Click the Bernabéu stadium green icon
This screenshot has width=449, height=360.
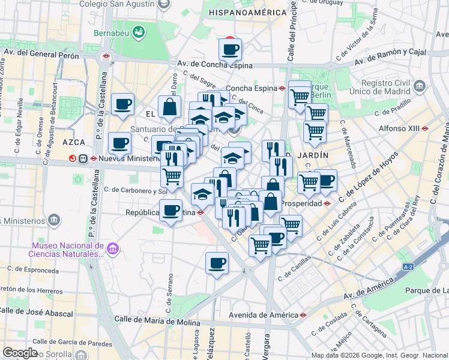[139, 30]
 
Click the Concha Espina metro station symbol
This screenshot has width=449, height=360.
[282, 88]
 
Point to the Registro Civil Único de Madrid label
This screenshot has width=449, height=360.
[394, 89]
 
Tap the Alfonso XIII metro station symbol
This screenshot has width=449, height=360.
[425, 128]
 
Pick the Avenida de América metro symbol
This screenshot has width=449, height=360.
[304, 314]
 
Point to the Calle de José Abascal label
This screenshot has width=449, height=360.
[37, 310]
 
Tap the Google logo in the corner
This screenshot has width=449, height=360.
[20, 352]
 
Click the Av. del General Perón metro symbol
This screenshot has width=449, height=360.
[106, 56]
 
